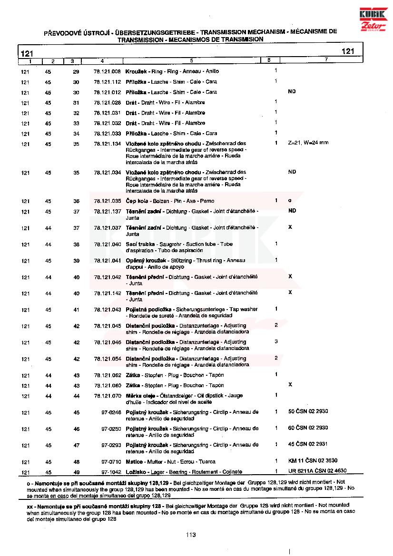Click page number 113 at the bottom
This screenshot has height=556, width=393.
pyautogui.click(x=191, y=535)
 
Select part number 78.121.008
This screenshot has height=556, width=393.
pyautogui.click(x=108, y=71)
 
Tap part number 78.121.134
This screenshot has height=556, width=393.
pyautogui.click(x=108, y=144)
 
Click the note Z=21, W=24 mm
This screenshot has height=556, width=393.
pyautogui.click(x=308, y=143)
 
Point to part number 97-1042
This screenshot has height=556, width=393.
pyautogui.click(x=111, y=472)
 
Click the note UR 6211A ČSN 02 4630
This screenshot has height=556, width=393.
pyautogui.click(x=317, y=471)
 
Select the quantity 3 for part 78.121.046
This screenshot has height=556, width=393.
pyautogui.click(x=276, y=341)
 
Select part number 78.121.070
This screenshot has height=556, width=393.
pyautogui.click(x=108, y=396)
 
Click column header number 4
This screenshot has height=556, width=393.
pyautogui.click(x=102, y=61)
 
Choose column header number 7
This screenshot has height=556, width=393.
pyautogui.click(x=326, y=60)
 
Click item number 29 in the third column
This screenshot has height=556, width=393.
pyautogui.click(x=76, y=71)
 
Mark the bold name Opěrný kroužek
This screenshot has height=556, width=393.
pyautogui.click(x=145, y=261)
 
